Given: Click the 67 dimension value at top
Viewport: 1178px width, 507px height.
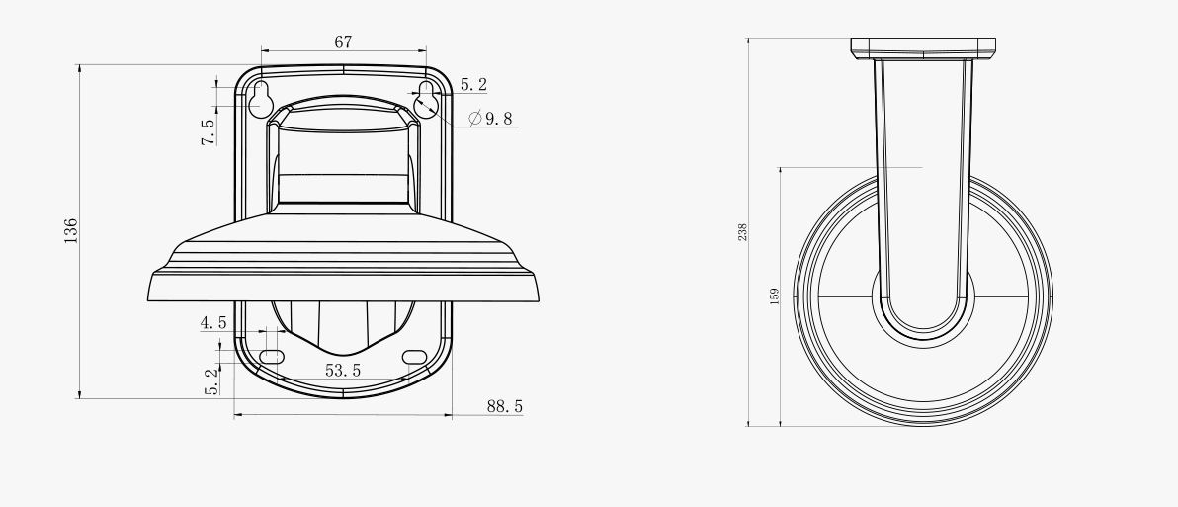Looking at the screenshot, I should [x=343, y=42].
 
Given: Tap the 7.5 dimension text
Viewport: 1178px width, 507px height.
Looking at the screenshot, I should [x=209, y=132].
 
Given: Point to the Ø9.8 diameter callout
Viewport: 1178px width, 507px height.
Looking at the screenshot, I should [x=491, y=119].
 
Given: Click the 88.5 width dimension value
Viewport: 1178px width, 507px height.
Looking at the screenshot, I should [x=505, y=406].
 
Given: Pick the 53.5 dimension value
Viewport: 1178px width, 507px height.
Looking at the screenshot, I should [x=343, y=371].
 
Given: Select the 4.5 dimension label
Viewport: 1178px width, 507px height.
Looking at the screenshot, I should [x=214, y=323].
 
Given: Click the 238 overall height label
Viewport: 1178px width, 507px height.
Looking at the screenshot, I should [x=742, y=232].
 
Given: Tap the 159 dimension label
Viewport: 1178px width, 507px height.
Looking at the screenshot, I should [x=774, y=296].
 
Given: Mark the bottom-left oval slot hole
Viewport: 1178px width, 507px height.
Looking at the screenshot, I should [x=272, y=356].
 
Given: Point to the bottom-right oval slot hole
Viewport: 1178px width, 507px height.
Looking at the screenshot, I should [x=415, y=356].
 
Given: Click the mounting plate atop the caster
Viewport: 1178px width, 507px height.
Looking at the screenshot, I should [x=923, y=47].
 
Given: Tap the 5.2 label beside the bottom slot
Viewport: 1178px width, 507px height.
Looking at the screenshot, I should [x=210, y=380].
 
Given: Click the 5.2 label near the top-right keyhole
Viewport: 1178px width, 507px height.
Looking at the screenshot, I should [x=473, y=86].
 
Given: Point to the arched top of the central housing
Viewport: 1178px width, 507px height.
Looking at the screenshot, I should [x=343, y=103].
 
